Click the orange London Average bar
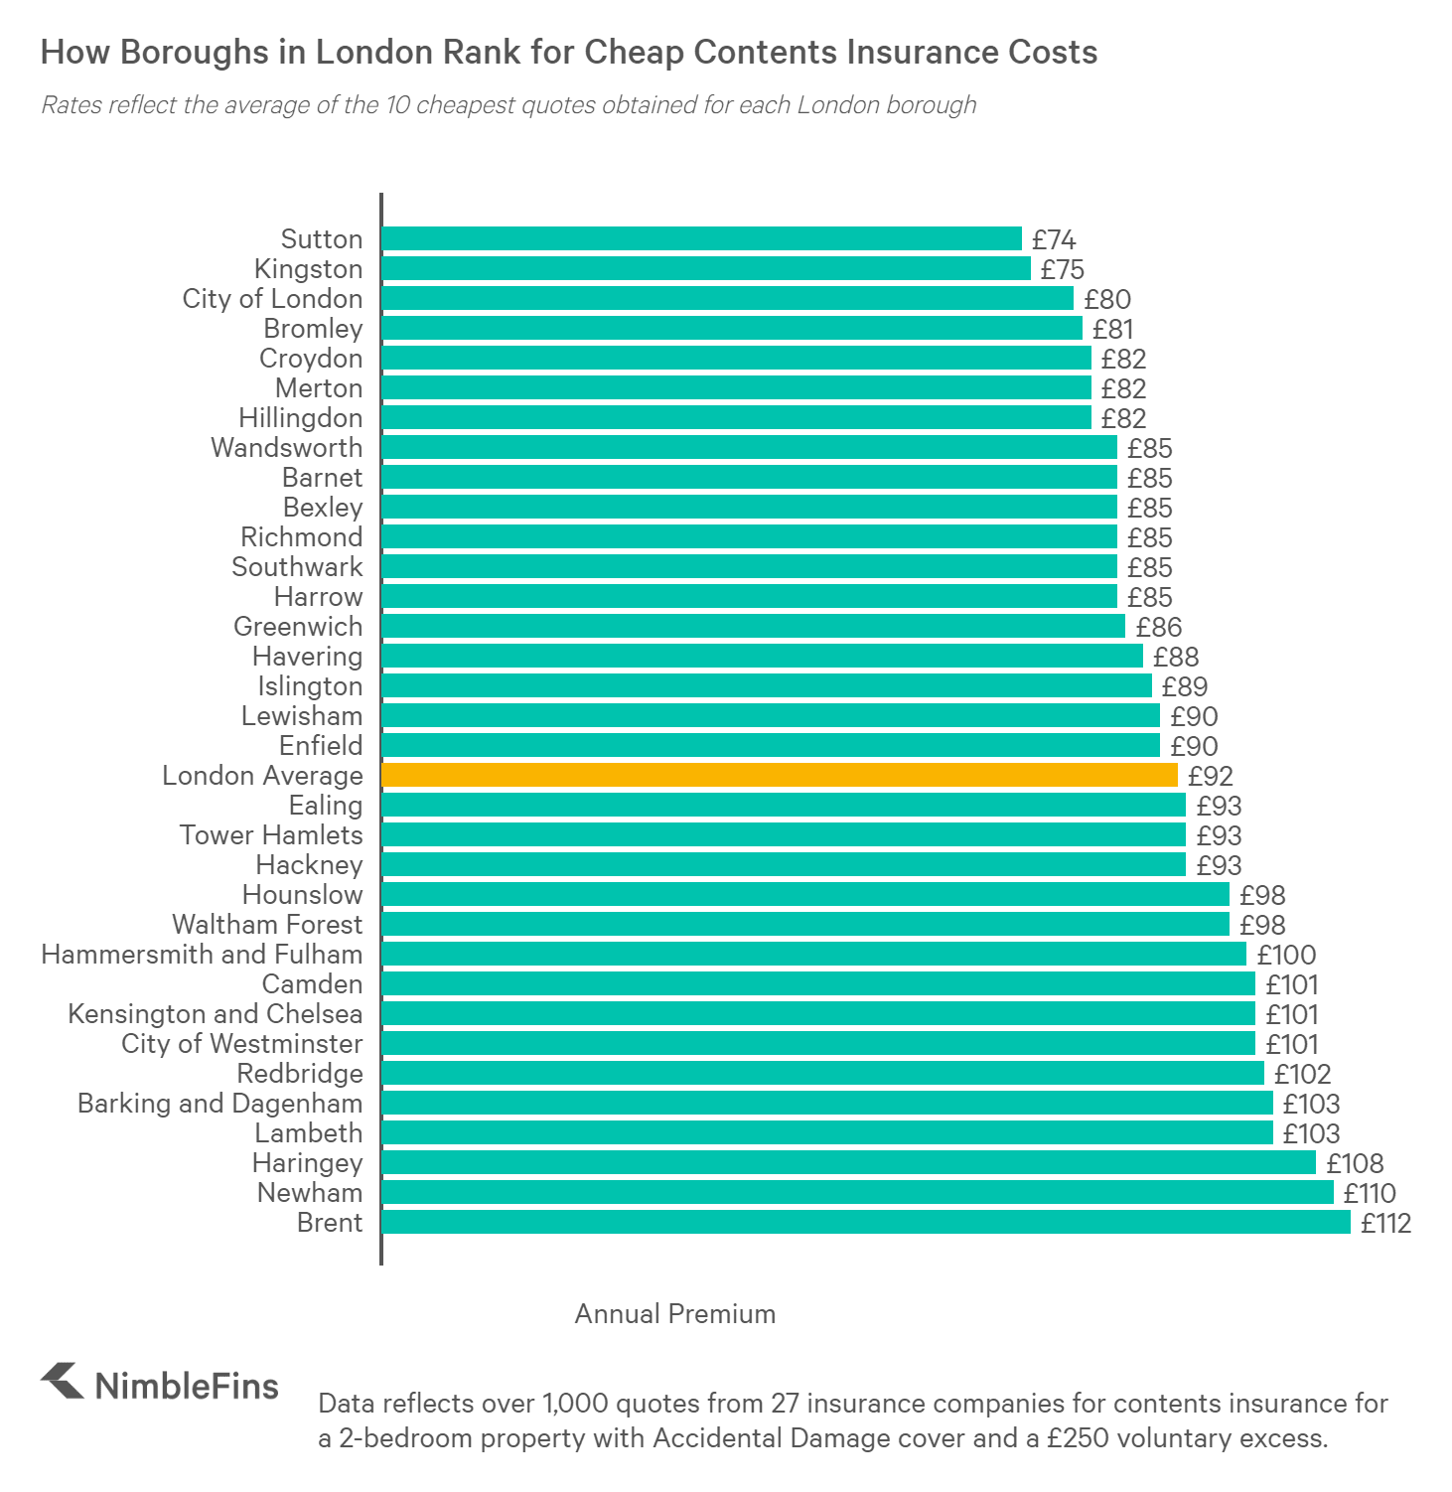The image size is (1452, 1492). coord(779,775)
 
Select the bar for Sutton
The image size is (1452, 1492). coord(701,238)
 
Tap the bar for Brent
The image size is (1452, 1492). coord(865,1222)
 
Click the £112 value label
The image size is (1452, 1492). coord(1385,1223)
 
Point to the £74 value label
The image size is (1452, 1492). coord(1053,239)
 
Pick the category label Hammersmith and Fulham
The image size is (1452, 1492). coord(202,955)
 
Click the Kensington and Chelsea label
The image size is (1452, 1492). coord(215,1014)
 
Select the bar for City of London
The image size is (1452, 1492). coord(727,298)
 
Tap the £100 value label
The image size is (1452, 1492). coord(1286,955)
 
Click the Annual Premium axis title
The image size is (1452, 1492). coord(675,1314)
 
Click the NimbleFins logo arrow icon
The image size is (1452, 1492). coord(63,1381)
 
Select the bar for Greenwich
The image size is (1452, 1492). coord(753,626)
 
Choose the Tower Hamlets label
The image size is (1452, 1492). coord(271,835)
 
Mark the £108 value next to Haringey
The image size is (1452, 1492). coord(1355,1163)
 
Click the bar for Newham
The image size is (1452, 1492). coord(857,1192)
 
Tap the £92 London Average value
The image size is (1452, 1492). coord(1210,776)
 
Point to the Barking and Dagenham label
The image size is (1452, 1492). coord(219,1104)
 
